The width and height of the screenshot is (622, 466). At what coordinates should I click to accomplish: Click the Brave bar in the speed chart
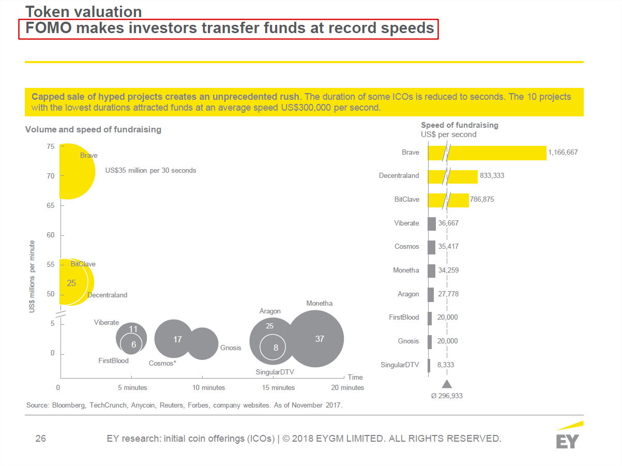[496, 153]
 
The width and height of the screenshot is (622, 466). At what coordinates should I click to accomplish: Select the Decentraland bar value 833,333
[492, 176]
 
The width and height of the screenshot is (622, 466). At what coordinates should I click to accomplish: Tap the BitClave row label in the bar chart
[406, 199]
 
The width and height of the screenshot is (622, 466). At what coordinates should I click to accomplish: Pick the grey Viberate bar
[432, 223]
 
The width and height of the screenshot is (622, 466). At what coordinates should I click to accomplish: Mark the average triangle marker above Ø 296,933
[447, 384]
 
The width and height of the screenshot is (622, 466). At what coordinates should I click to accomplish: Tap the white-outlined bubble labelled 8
[276, 348]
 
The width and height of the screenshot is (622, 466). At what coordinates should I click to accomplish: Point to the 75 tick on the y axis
[50, 147]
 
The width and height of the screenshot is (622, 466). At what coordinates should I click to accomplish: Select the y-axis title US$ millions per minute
[32, 276]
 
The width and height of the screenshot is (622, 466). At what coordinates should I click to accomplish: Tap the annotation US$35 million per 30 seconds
[150, 170]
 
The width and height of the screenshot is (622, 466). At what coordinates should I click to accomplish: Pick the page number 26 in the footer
[41, 439]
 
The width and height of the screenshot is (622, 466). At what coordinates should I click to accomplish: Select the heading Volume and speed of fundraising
[93, 129]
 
